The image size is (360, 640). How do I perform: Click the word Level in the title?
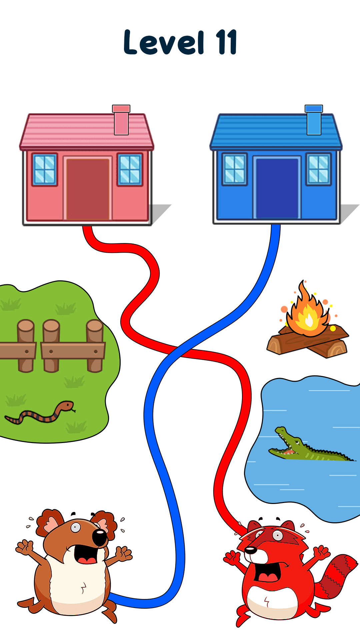click(x=164, y=42)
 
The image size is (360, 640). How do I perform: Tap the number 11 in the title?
click(x=227, y=42)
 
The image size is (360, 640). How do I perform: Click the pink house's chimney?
click(x=121, y=120)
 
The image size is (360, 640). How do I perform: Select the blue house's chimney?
click(x=314, y=120)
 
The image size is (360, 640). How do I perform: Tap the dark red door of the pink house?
click(x=88, y=189)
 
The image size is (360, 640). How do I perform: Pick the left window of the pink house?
click(x=45, y=169)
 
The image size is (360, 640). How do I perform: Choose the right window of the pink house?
click(x=130, y=169)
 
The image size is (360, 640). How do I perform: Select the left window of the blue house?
click(x=235, y=169)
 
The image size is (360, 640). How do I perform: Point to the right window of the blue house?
click(x=319, y=169)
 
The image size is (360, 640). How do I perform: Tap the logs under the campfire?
click(x=307, y=342)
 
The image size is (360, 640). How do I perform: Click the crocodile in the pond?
click(x=310, y=445)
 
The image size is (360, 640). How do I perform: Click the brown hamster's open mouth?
click(x=86, y=554)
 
